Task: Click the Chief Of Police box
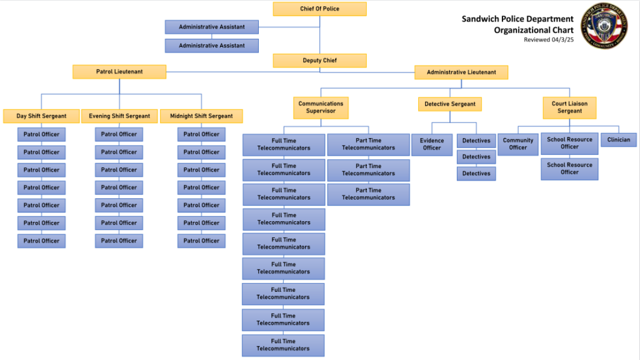coord(319,9)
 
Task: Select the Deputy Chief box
coord(319,61)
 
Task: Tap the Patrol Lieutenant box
coord(119,72)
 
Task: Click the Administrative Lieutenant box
coord(461,72)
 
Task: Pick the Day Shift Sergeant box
coord(41,116)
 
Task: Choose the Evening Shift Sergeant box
coord(119,116)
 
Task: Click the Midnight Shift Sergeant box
coord(201,116)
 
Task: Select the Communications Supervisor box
coord(321,107)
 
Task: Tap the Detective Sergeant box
coord(450,104)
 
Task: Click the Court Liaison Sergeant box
coord(569,107)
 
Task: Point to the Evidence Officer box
coord(432,144)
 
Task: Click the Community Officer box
coord(518,144)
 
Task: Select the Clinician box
coord(619,140)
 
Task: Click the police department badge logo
coord(604,26)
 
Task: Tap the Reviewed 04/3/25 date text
coord(548,40)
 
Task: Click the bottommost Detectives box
coord(476,174)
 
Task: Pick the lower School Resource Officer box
coord(569,169)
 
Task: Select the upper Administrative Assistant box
coord(212,27)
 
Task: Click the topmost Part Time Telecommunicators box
coord(368,144)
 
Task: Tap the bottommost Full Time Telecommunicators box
coord(283,345)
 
